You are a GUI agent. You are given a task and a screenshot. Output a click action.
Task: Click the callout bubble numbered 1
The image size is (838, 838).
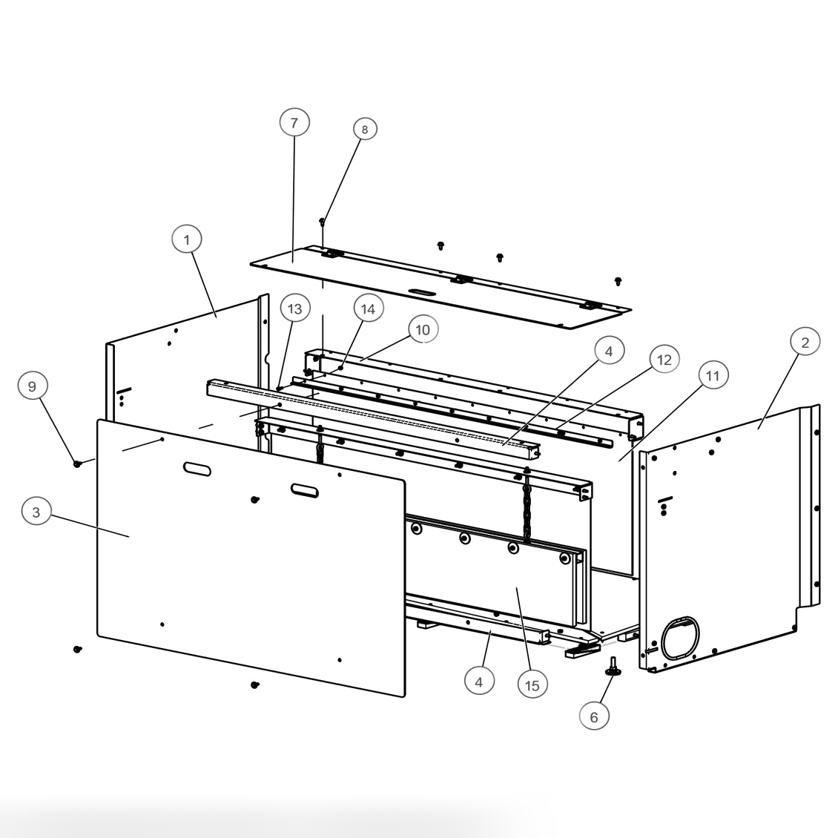[x=187, y=240]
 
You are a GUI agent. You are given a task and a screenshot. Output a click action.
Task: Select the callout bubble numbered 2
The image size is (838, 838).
[x=805, y=342]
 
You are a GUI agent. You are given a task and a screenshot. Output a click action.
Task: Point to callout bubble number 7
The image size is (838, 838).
[x=294, y=122]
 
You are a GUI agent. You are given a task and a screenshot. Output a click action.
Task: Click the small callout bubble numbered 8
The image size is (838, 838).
[x=364, y=129]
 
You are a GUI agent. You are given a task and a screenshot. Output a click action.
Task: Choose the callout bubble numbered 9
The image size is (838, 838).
[x=32, y=386]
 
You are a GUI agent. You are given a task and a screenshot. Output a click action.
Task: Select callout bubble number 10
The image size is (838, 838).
[x=423, y=329]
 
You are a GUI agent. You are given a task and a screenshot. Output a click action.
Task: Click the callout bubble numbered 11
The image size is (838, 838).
[x=712, y=376]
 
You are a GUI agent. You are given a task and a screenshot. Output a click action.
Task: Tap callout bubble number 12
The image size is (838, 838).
[x=664, y=360]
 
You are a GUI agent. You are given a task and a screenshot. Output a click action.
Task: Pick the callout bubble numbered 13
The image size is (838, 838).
[x=296, y=308]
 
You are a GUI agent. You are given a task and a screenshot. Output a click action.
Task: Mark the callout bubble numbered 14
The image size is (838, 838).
[x=368, y=309]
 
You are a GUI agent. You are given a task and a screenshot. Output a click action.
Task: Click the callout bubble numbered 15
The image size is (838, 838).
[x=532, y=685]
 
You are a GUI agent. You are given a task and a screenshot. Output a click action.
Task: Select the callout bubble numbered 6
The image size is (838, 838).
[x=594, y=716]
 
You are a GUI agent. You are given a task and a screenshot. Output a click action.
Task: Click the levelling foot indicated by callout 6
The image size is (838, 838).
[x=613, y=667]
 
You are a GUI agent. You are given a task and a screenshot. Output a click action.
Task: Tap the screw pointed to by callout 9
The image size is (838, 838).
[x=76, y=463]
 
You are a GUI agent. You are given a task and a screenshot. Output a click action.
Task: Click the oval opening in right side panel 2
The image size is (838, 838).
[x=681, y=638]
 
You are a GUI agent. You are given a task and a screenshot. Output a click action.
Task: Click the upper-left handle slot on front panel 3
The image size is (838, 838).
[x=197, y=469]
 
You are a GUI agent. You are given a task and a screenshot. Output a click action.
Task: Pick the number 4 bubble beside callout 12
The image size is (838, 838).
[x=609, y=352]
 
